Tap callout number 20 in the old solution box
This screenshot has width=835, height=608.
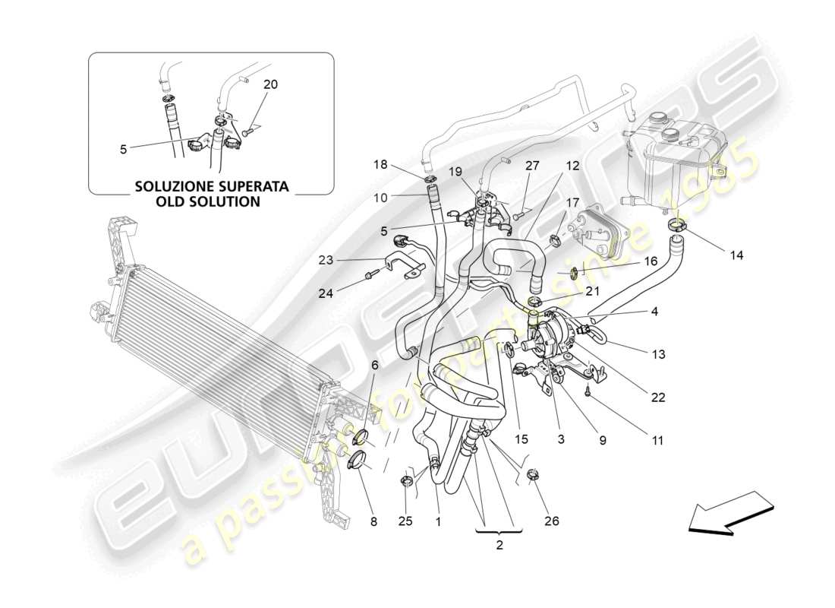click(270, 84)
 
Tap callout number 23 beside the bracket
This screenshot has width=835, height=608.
click(326, 259)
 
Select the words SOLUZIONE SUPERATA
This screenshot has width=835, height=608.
click(210, 185)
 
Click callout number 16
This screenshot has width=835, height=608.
click(651, 261)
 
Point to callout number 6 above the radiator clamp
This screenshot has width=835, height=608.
click(373, 365)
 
